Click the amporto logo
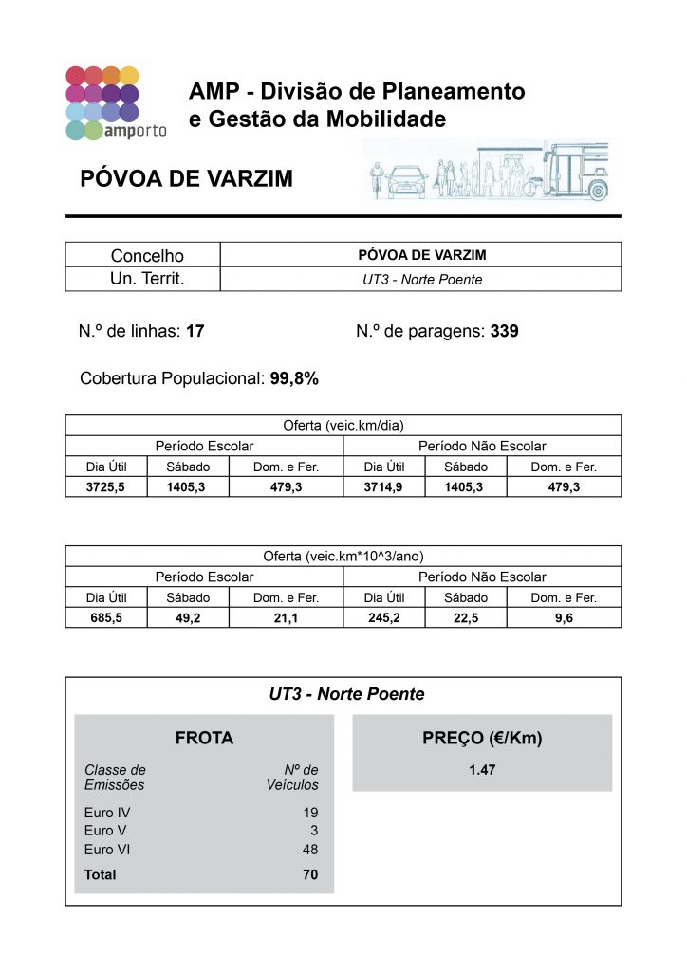pyautogui.click(x=115, y=103)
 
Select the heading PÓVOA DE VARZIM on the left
pyautogui.click(x=180, y=179)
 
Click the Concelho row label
pyautogui.click(x=147, y=255)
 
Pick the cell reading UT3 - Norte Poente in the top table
pyautogui.click(x=421, y=280)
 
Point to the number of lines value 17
pyautogui.click(x=195, y=331)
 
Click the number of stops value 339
pyautogui.click(x=505, y=331)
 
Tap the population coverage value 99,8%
pyautogui.click(x=294, y=378)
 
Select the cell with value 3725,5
pyautogui.click(x=106, y=487)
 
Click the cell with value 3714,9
pyautogui.click(x=383, y=487)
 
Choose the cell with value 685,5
pyautogui.click(x=106, y=618)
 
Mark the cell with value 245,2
pyautogui.click(x=383, y=618)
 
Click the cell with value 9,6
pyautogui.click(x=564, y=618)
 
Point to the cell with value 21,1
pyautogui.click(x=286, y=618)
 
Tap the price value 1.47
pyautogui.click(x=482, y=771)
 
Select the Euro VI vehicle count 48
pyautogui.click(x=310, y=850)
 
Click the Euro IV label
pyautogui.click(x=107, y=813)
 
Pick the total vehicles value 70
pyautogui.click(x=310, y=874)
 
